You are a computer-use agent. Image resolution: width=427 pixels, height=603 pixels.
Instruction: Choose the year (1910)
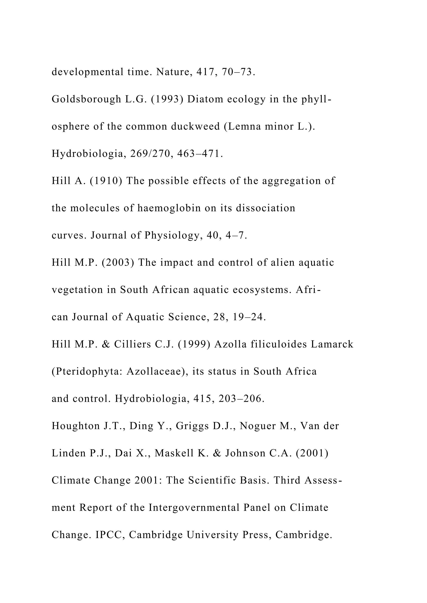[106, 181]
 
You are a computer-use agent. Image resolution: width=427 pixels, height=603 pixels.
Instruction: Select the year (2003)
[118, 263]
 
